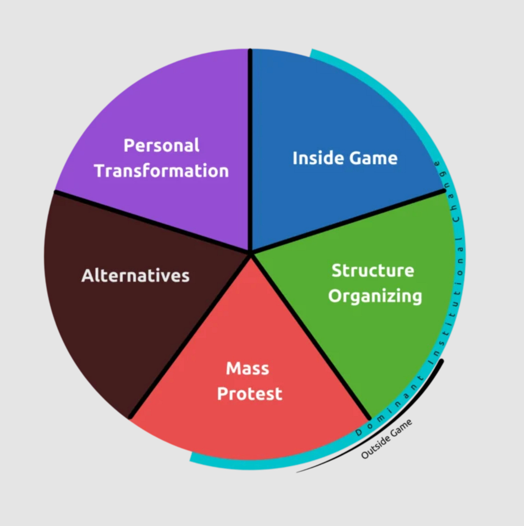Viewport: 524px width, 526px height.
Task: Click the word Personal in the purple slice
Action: [x=161, y=146]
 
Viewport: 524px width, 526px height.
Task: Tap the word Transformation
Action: [x=162, y=171]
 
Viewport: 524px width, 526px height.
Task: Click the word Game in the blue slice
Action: [x=373, y=158]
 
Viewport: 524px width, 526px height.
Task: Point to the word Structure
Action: [x=372, y=271]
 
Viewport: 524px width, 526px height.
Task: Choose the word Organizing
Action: [x=375, y=296]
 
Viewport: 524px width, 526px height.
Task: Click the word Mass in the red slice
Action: [x=248, y=368]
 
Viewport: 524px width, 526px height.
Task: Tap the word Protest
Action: [x=249, y=394]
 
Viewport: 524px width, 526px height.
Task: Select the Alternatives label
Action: [x=135, y=276]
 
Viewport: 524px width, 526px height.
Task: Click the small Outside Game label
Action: [x=387, y=439]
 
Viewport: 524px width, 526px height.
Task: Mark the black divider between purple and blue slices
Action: [x=250, y=151]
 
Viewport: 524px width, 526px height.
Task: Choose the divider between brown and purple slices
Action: [x=151, y=222]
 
